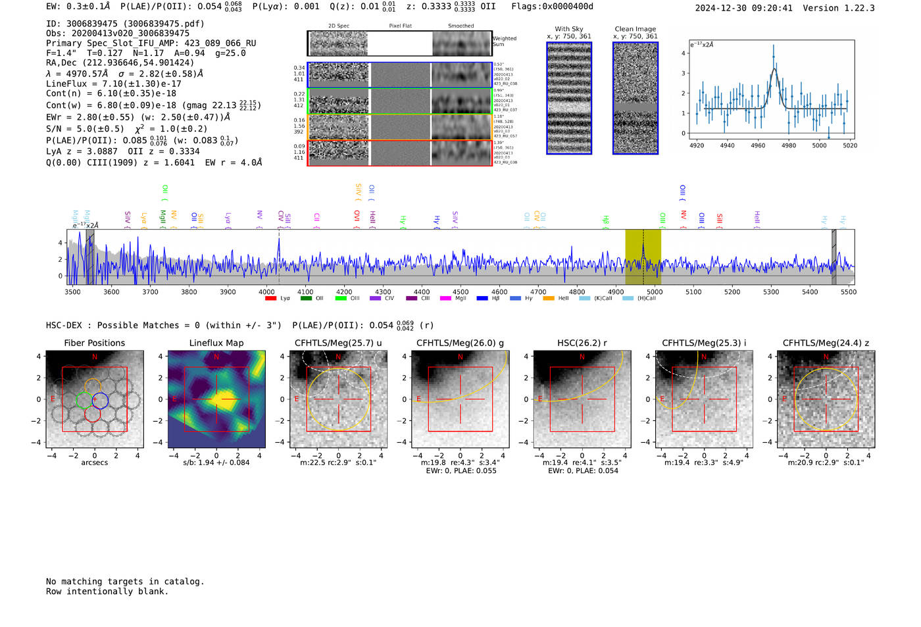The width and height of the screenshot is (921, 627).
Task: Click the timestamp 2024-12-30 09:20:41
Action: [743, 8]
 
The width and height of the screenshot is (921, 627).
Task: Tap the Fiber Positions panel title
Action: [94, 343]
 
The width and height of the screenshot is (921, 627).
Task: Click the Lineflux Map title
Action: [216, 343]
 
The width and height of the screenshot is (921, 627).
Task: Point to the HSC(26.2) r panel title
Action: [582, 343]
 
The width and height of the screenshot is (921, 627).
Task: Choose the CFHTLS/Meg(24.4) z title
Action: [826, 343]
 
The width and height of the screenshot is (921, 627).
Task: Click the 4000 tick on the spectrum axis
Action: [266, 291]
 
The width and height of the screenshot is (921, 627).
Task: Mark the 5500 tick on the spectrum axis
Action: [848, 291]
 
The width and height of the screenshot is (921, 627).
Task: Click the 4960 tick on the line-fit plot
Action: [758, 145]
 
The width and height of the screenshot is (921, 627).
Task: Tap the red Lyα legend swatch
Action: [270, 299]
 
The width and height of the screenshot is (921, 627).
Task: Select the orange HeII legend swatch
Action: [548, 299]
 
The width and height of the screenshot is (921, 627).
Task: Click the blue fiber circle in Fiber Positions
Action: [100, 400]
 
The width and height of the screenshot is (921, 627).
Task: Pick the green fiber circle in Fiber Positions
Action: [84, 400]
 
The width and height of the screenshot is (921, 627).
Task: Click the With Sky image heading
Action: [568, 29]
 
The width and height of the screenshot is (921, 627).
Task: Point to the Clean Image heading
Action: [635, 29]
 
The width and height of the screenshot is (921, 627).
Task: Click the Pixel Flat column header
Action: [400, 26]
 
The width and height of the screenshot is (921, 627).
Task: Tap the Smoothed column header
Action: [460, 26]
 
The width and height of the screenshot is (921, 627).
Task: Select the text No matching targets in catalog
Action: [125, 581]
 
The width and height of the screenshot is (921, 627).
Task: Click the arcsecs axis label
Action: [94, 463]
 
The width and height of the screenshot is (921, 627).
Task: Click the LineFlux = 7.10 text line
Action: [113, 84]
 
